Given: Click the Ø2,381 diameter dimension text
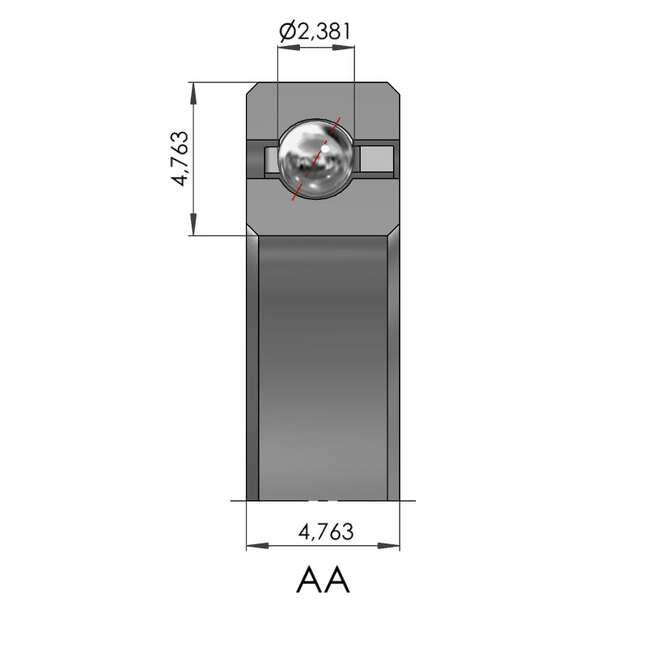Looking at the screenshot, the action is [315, 31].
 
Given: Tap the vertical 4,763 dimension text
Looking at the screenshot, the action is [180, 159].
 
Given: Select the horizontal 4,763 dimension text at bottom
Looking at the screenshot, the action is [326, 531].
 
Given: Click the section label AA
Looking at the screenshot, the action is [323, 579].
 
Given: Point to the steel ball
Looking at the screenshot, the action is [315, 159].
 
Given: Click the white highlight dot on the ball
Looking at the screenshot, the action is [325, 149].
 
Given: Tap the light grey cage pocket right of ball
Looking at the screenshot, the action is [377, 159].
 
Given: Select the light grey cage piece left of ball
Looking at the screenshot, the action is [271, 159].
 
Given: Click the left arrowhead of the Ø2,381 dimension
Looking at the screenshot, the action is [289, 48].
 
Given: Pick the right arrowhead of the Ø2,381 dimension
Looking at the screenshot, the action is [343, 48].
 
